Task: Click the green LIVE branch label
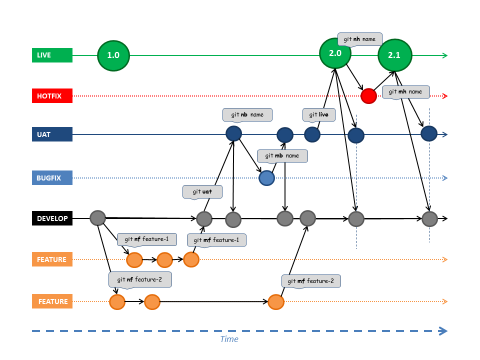click(x=52, y=55)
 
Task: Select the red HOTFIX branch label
click(x=52, y=95)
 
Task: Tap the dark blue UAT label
click(x=52, y=134)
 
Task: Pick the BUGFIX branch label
click(x=52, y=177)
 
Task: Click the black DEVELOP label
click(x=52, y=218)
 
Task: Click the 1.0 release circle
click(x=113, y=55)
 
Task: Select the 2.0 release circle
click(x=335, y=53)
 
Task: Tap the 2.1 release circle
click(x=394, y=55)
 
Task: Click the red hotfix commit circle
click(x=368, y=95)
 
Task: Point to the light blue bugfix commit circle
click(x=266, y=177)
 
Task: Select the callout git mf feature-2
click(x=311, y=281)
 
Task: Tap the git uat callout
click(x=202, y=191)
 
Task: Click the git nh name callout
click(x=360, y=39)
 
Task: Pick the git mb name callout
click(x=282, y=155)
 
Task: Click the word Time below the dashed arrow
click(x=229, y=339)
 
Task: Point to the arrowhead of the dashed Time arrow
click(x=442, y=330)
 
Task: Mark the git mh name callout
click(x=406, y=91)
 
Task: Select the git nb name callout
click(x=247, y=114)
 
